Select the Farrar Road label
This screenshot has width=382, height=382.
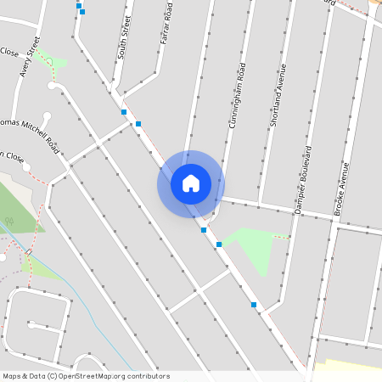168,23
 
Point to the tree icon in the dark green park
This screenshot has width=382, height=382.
9,222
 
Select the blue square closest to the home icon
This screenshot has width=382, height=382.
204,229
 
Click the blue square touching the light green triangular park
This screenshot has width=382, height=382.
219,244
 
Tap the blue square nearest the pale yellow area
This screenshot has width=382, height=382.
253,304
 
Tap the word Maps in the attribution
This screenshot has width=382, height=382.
11,376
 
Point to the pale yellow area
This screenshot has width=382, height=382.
348,367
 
